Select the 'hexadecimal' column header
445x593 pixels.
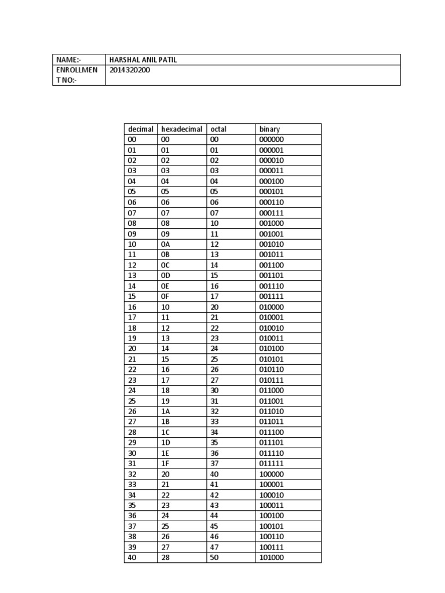[x=182, y=129]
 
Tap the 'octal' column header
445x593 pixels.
[x=218, y=129]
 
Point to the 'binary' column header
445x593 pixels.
[x=269, y=129]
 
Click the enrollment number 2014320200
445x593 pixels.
[x=133, y=70]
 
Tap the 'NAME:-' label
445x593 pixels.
[x=68, y=60]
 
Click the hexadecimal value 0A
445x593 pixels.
[x=165, y=244]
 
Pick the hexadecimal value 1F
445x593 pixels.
[x=165, y=463]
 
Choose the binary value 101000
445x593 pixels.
[x=271, y=558]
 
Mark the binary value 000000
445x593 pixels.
[x=271, y=140]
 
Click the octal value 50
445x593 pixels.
[x=215, y=558]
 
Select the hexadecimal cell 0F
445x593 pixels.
[x=165, y=296]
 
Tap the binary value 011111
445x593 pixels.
[x=271, y=463]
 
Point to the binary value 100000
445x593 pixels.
[x=271, y=474]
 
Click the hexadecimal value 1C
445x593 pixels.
[x=165, y=432]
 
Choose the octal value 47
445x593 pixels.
[x=215, y=547]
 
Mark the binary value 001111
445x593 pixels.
[x=271, y=296]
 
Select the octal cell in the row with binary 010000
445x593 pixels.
[x=215, y=307]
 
